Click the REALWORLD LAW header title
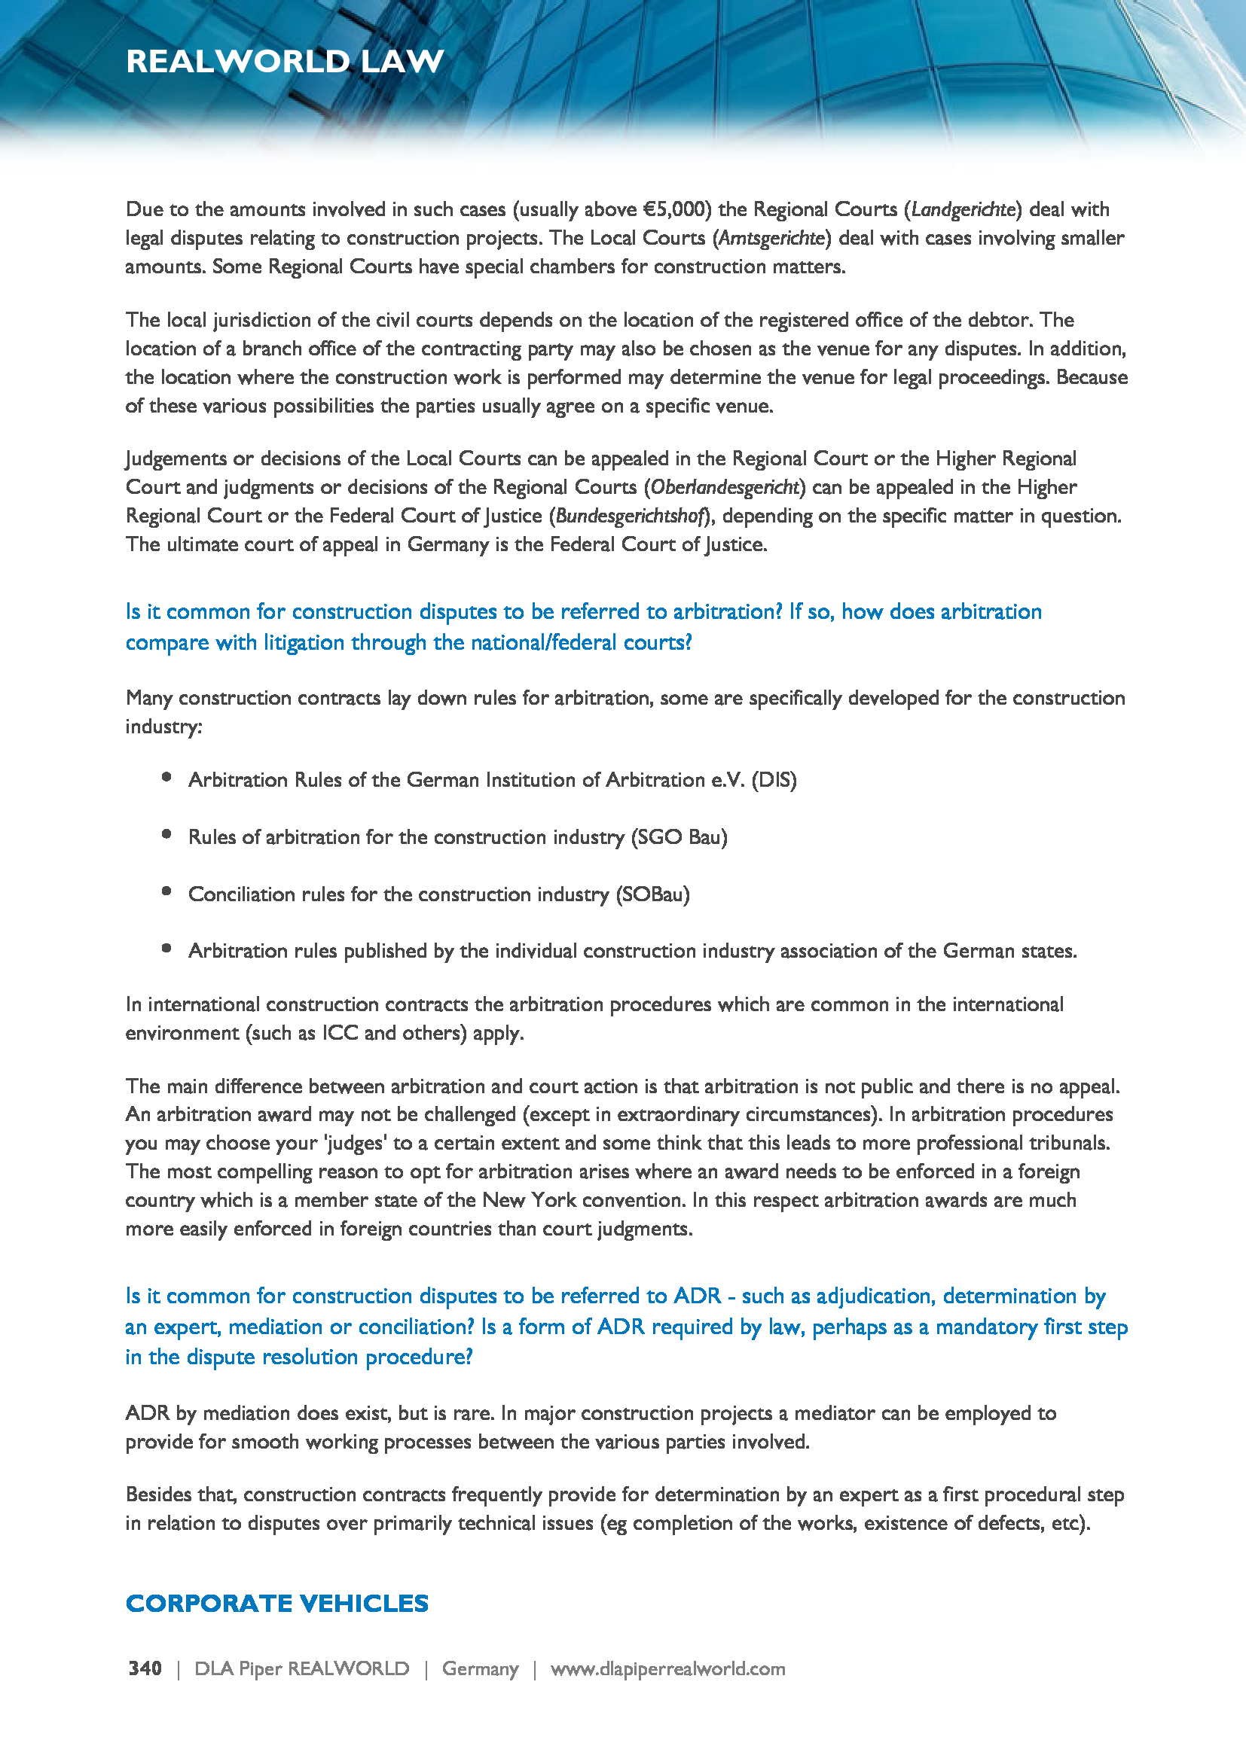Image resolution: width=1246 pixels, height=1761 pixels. coord(285,61)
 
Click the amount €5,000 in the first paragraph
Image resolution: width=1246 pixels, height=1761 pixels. coord(673,209)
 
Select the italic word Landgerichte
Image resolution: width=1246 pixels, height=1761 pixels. coord(963,209)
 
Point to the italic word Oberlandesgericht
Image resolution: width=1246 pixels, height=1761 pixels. coord(725,487)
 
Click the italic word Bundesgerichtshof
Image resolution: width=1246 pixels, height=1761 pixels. coord(630,516)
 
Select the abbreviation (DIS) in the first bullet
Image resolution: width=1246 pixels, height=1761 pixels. coord(774,780)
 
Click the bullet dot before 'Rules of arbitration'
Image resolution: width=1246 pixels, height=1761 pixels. coord(166,834)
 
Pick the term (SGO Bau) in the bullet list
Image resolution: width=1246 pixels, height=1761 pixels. coord(678,836)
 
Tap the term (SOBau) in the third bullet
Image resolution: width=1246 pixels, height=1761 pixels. coord(652,894)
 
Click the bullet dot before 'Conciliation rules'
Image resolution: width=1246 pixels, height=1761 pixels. coord(166,891)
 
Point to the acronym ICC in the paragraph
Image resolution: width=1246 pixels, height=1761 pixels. coord(340,1033)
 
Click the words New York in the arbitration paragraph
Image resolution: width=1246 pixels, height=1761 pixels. coord(529,1200)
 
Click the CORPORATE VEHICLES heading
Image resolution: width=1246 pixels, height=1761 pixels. coord(277,1603)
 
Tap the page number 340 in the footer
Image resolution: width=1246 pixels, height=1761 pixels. coord(145,1668)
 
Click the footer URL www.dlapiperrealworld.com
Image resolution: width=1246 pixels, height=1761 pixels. coord(667,1668)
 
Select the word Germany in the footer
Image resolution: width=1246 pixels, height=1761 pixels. coord(481,1668)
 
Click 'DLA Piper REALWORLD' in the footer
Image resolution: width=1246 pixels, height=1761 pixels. coord(301,1668)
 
